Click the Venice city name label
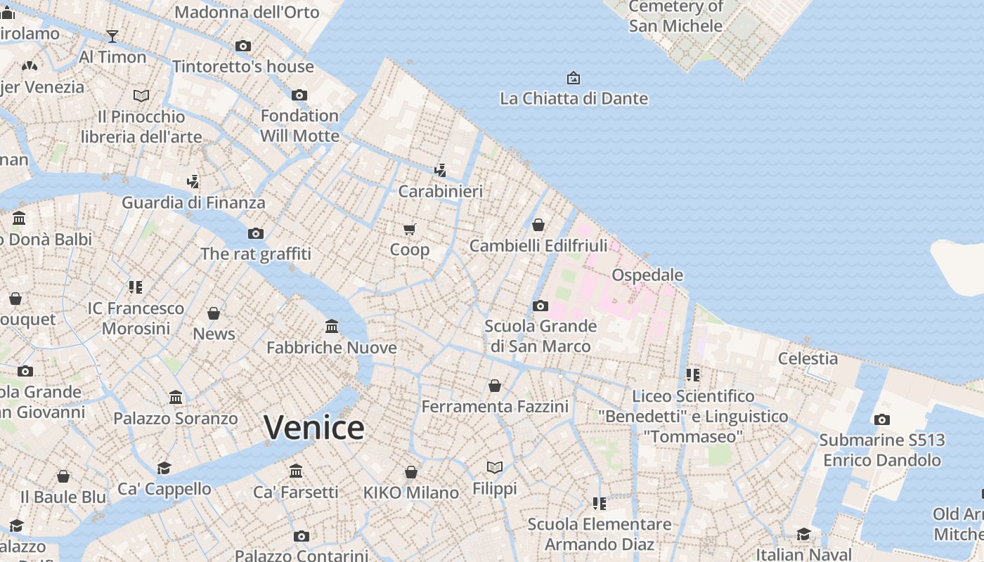click(314, 428)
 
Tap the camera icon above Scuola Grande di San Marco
click(540, 306)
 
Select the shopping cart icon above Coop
click(410, 229)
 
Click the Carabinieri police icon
click(440, 170)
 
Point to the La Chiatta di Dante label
click(574, 98)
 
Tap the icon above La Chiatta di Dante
click(574, 77)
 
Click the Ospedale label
click(647, 275)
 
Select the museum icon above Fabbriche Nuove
click(332, 327)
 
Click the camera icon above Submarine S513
click(881, 419)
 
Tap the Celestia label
click(808, 358)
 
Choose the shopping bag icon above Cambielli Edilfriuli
click(538, 225)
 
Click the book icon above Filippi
click(495, 467)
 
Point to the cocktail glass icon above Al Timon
click(112, 36)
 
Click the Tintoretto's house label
click(243, 67)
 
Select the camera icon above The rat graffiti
click(256, 233)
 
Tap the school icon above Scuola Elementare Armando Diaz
click(599, 503)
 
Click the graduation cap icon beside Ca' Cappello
click(164, 468)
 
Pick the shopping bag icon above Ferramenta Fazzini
click(495, 386)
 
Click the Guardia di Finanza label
click(193, 203)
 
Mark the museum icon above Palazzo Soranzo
click(176, 398)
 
